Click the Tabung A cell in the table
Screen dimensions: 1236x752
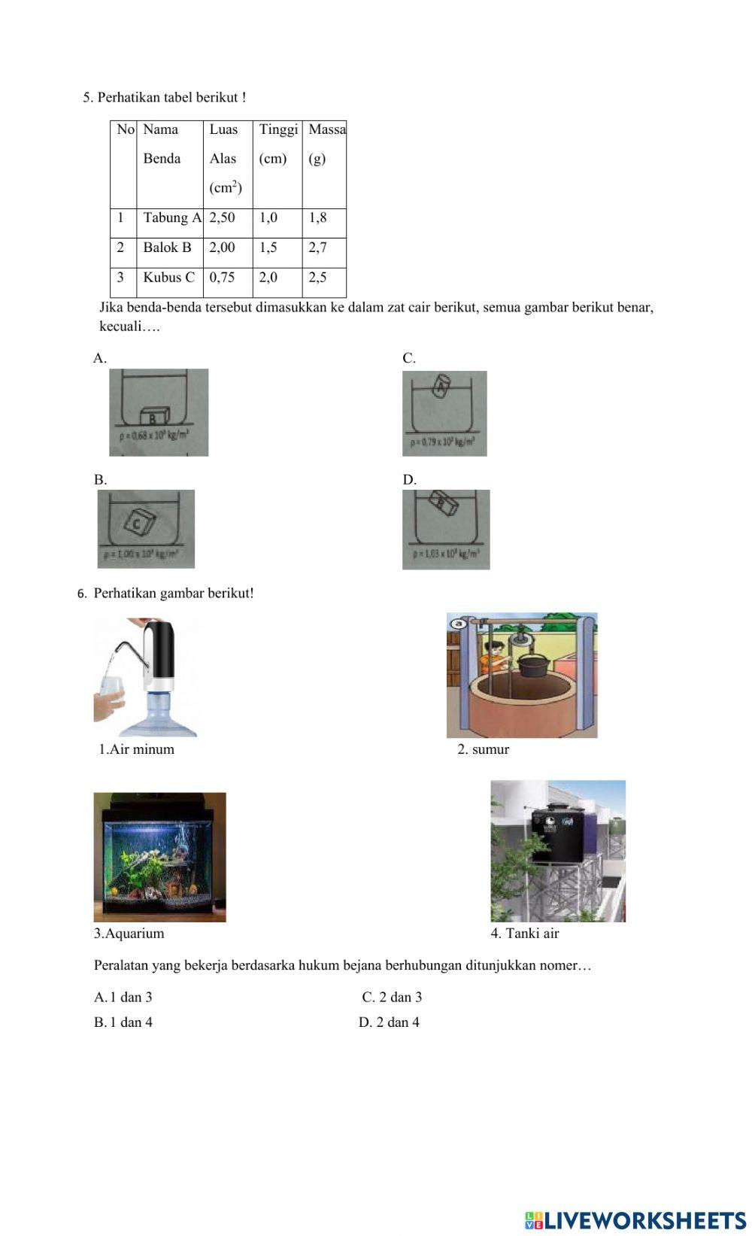tap(172, 218)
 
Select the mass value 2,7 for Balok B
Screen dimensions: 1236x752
tap(317, 248)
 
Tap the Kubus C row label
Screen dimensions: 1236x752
tap(168, 278)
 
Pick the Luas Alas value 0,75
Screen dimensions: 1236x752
tap(222, 278)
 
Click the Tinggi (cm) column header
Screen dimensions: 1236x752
tap(277, 144)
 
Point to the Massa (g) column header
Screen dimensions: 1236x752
tap(326, 144)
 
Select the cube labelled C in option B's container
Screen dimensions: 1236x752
tap(138, 521)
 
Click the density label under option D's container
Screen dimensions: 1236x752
tap(446, 554)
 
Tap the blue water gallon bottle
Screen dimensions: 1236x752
tap(159, 714)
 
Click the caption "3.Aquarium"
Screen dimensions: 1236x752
tap(129, 934)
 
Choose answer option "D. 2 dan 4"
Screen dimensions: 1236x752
tap(389, 1022)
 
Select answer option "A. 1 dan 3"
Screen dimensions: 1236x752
tap(123, 998)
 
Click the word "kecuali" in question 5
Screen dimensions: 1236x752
tap(120, 326)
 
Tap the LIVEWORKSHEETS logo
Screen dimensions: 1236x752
tap(635, 1219)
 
